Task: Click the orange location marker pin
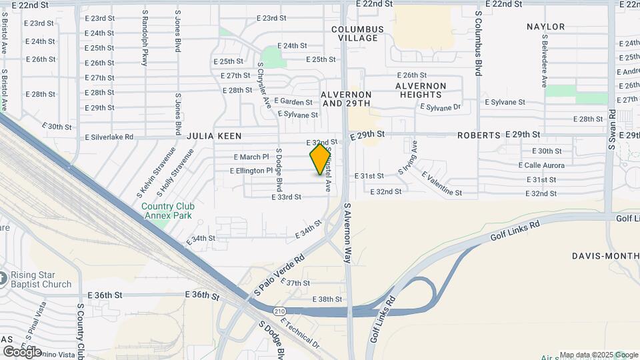pos(320,159)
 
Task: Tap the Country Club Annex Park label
pos(167,211)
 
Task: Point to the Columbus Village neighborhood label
pos(358,33)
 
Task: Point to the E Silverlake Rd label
pos(109,137)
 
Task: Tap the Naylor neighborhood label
pos(545,27)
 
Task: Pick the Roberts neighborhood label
pos(479,135)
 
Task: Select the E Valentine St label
pos(441,184)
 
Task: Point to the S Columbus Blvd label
pos(478,42)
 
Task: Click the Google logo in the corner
pos(23,351)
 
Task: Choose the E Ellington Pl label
pos(251,171)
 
